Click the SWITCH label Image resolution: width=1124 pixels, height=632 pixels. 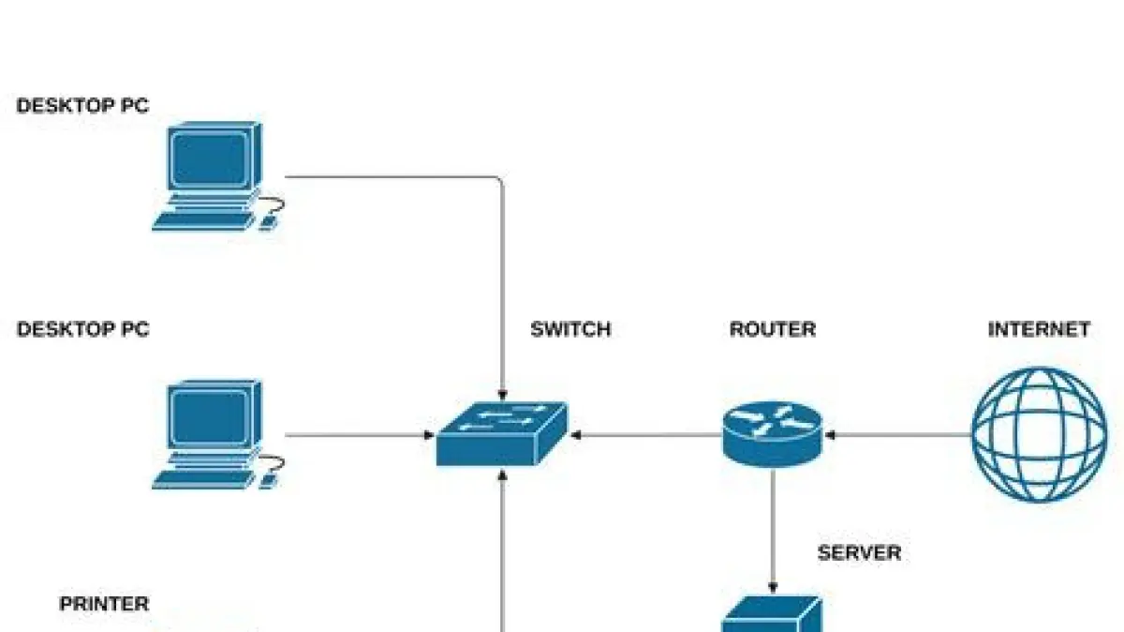[570, 329]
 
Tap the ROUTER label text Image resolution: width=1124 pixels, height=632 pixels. [772, 329]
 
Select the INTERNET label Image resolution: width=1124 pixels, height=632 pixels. [1039, 329]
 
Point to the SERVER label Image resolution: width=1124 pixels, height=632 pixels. [859, 553]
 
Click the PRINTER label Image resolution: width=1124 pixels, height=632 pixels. [104, 604]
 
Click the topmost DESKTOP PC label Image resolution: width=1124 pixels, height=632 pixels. [82, 106]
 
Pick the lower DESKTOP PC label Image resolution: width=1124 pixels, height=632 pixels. [82, 329]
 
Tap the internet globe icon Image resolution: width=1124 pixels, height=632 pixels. [1039, 434]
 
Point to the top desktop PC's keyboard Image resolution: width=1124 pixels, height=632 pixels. [202, 220]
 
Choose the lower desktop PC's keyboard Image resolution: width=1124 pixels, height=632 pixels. [202, 479]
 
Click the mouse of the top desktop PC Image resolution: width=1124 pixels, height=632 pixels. [270, 222]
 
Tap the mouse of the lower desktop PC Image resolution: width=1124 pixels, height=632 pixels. [270, 480]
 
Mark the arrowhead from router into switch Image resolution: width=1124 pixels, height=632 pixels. [575, 435]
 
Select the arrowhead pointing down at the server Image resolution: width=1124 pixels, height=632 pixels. [773, 586]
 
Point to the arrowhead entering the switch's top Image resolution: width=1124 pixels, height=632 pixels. [503, 394]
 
